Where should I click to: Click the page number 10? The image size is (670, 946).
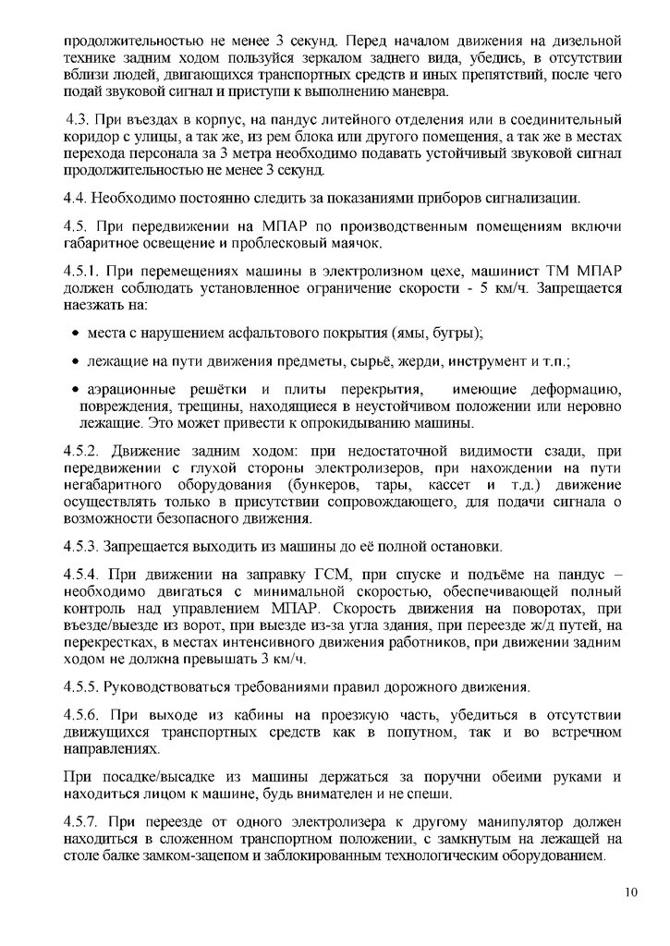click(631, 891)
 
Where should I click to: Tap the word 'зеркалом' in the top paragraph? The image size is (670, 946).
click(332, 58)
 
